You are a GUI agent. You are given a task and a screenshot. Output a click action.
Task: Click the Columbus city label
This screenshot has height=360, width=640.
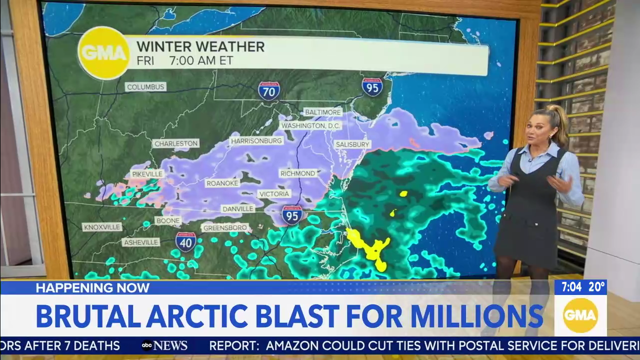coord(145,87)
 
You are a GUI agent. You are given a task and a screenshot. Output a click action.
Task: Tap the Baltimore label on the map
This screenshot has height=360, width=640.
coord(322,112)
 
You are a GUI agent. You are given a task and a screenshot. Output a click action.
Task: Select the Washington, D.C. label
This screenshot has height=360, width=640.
coord(310,125)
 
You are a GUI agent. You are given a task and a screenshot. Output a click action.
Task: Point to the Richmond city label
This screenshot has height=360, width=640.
coord(298,173)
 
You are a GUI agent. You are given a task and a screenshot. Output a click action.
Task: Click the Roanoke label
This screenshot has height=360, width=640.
coord(222,183)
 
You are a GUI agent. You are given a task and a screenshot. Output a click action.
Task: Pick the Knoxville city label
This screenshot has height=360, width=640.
coord(102,227)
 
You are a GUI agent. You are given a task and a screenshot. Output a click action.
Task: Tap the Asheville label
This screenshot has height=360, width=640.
coord(140,242)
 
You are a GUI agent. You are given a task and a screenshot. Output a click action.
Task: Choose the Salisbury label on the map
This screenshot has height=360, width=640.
coord(352,144)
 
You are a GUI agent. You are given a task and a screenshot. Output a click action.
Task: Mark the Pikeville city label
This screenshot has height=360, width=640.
coord(147,174)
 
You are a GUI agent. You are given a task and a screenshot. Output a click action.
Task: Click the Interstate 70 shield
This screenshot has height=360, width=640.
coord(269,91)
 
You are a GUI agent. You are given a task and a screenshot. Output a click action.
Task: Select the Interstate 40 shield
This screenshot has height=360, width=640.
coord(185,241)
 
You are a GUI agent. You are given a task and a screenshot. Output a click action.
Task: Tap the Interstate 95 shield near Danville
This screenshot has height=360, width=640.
coord(291,215)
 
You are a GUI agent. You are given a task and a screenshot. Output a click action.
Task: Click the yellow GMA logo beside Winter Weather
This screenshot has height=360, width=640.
coord(104,53)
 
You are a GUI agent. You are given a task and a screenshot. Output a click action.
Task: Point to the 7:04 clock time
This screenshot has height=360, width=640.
coord(571,287)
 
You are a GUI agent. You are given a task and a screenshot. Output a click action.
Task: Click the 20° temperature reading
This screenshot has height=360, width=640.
coord(597,287)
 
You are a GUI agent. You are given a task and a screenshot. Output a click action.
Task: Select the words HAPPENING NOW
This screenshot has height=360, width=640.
coord(92,287)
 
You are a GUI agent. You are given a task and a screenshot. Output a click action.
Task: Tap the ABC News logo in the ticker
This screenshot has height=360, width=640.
coord(164,345)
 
